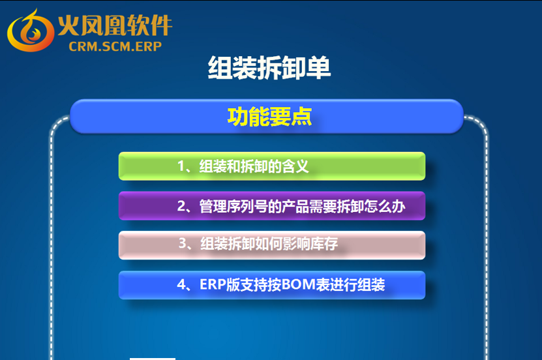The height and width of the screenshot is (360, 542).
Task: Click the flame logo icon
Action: coord(31,31)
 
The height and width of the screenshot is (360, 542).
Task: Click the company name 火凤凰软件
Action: coord(115,25)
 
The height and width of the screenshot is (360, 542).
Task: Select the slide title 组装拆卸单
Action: coord(269,68)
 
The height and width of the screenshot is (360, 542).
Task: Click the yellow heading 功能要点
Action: coord(269,117)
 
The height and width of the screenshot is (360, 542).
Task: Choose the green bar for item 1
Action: coord(272,166)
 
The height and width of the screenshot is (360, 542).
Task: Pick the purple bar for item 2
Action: coord(272,206)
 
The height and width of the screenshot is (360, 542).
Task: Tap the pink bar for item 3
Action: coord(272,245)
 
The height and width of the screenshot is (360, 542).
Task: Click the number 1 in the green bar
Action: coord(181,166)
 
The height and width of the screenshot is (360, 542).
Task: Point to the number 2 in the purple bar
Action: coord(181,206)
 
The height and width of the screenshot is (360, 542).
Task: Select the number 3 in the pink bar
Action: coord(183,243)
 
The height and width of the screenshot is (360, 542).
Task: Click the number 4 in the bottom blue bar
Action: coord(181,285)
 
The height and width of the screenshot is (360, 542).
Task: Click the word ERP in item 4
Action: coord(213,285)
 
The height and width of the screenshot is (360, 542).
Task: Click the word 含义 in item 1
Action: coord(295,166)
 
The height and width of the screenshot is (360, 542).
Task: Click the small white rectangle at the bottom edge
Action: coord(153,359)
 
